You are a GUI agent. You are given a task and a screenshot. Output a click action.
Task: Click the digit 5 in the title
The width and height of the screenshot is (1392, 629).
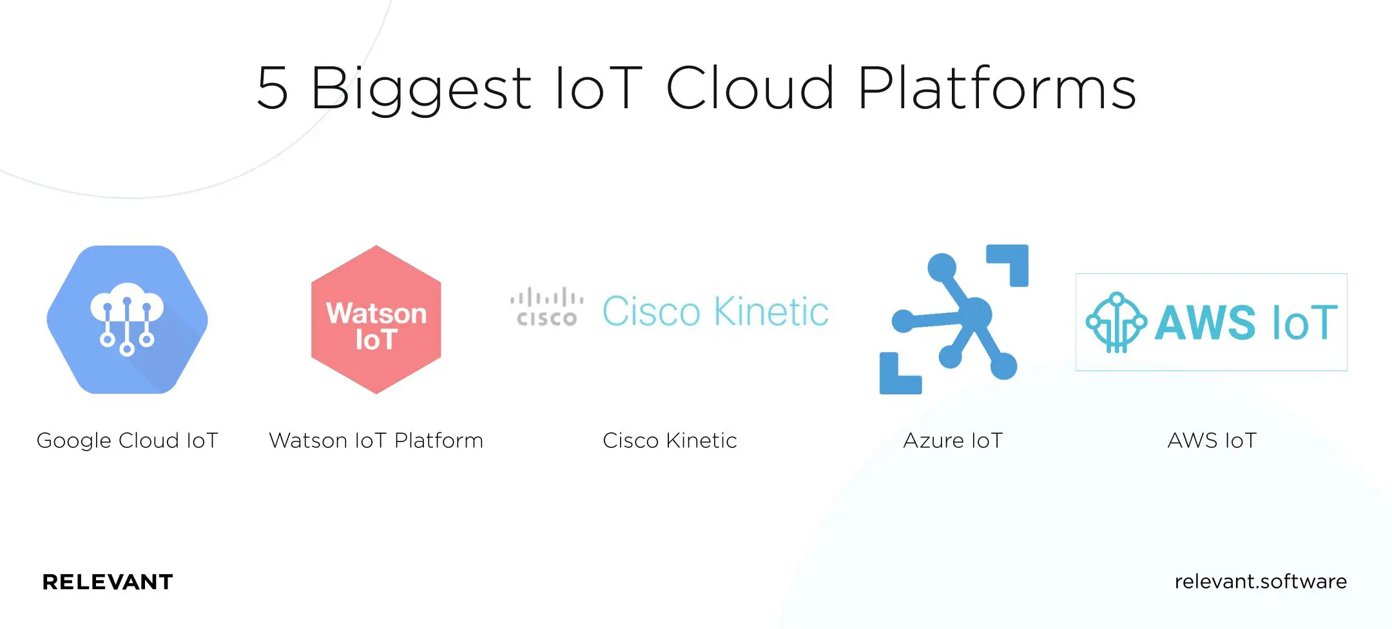[x=273, y=88]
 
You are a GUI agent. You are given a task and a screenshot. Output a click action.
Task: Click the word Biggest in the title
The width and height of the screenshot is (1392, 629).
[x=420, y=89]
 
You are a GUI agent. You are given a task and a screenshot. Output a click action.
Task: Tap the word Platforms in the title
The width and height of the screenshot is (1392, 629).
[x=997, y=88]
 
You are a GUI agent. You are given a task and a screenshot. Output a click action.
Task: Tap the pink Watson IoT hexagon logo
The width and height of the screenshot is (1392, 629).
[x=376, y=320]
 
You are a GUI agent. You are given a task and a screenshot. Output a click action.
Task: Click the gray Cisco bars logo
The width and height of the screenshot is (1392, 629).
[x=547, y=307]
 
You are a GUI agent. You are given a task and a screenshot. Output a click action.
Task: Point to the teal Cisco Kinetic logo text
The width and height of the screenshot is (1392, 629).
[x=715, y=312]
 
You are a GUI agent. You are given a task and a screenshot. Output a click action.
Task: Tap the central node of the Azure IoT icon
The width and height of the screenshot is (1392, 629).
[x=974, y=314]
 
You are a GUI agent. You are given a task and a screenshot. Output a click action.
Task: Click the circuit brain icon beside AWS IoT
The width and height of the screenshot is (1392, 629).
[x=1116, y=322]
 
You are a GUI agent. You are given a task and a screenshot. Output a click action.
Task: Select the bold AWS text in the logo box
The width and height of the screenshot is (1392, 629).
[x=1204, y=323]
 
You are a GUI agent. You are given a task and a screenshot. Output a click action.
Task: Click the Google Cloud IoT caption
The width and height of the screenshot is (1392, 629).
[x=128, y=441]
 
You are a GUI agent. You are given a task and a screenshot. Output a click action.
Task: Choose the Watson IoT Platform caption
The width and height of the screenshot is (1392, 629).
[x=376, y=441]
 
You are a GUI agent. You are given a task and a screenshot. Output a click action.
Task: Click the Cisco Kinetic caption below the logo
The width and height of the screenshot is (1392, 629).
[x=670, y=441]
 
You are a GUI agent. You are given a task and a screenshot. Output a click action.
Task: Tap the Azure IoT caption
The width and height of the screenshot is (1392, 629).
[x=953, y=441]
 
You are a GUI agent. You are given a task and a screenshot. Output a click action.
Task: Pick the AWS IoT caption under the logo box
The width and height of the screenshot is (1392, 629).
[x=1212, y=441]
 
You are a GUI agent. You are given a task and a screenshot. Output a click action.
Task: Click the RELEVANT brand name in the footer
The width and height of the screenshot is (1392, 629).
[x=108, y=582]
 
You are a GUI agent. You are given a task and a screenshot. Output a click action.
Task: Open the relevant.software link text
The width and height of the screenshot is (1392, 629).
[x=1261, y=581]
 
